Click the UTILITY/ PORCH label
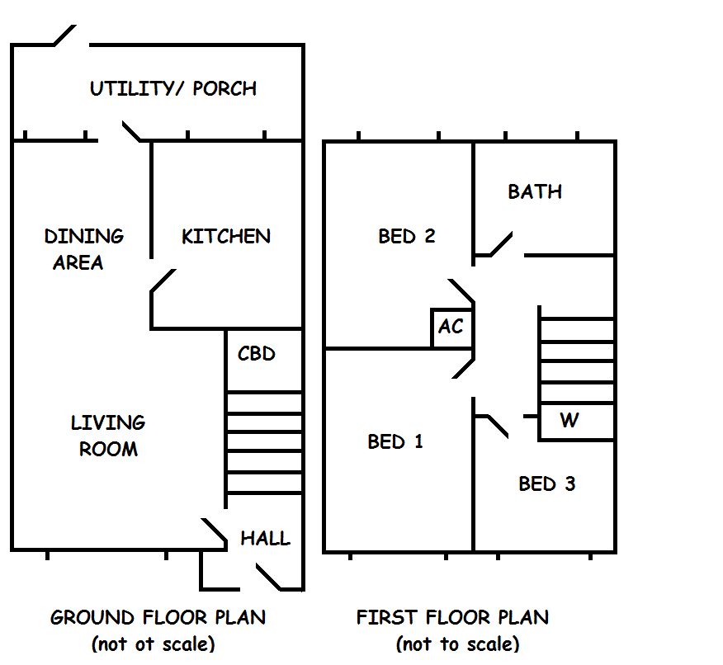(173, 88)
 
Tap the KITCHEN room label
(226, 237)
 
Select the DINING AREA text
(84, 249)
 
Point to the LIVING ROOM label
(108, 436)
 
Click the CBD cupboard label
(257, 353)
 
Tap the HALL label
(266, 538)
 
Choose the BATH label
(535, 191)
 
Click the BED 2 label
(407, 237)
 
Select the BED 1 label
(395, 441)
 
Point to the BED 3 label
(547, 483)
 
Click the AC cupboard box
(452, 328)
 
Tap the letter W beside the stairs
(569, 420)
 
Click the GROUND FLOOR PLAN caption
(158, 617)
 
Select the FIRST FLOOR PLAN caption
(453, 617)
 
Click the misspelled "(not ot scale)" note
(153, 644)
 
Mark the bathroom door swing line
(502, 243)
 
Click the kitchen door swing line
(163, 281)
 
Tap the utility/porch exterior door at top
(65, 35)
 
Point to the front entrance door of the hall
(268, 577)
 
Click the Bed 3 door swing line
(498, 427)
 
